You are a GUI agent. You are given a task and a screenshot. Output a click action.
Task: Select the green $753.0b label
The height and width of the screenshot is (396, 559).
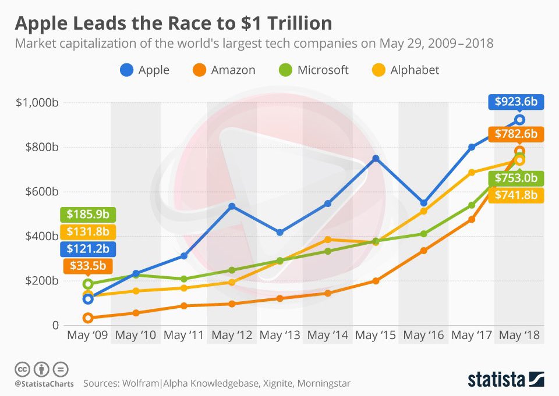(515, 178)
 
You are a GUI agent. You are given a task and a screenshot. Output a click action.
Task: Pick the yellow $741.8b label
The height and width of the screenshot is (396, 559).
(515, 195)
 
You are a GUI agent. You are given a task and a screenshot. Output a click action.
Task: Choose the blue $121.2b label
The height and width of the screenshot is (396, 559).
(88, 249)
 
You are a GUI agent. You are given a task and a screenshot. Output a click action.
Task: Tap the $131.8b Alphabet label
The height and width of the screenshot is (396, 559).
(88, 232)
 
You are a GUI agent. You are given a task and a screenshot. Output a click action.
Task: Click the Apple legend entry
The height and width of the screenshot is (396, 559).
(145, 70)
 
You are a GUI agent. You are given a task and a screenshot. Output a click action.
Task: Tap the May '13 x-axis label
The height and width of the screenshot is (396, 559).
(279, 336)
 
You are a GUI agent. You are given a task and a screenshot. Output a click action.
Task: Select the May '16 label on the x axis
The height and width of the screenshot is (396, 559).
(423, 336)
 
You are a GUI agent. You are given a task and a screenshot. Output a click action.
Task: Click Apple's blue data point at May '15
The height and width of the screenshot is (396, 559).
(376, 158)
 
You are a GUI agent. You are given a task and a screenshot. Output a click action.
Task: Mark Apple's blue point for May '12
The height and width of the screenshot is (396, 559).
(231, 206)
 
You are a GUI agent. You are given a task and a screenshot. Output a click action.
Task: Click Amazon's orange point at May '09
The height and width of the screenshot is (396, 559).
(88, 317)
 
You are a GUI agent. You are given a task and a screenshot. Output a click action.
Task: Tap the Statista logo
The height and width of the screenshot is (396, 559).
(506, 380)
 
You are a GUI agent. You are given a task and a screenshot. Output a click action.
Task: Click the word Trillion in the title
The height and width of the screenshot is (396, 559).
(296, 23)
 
